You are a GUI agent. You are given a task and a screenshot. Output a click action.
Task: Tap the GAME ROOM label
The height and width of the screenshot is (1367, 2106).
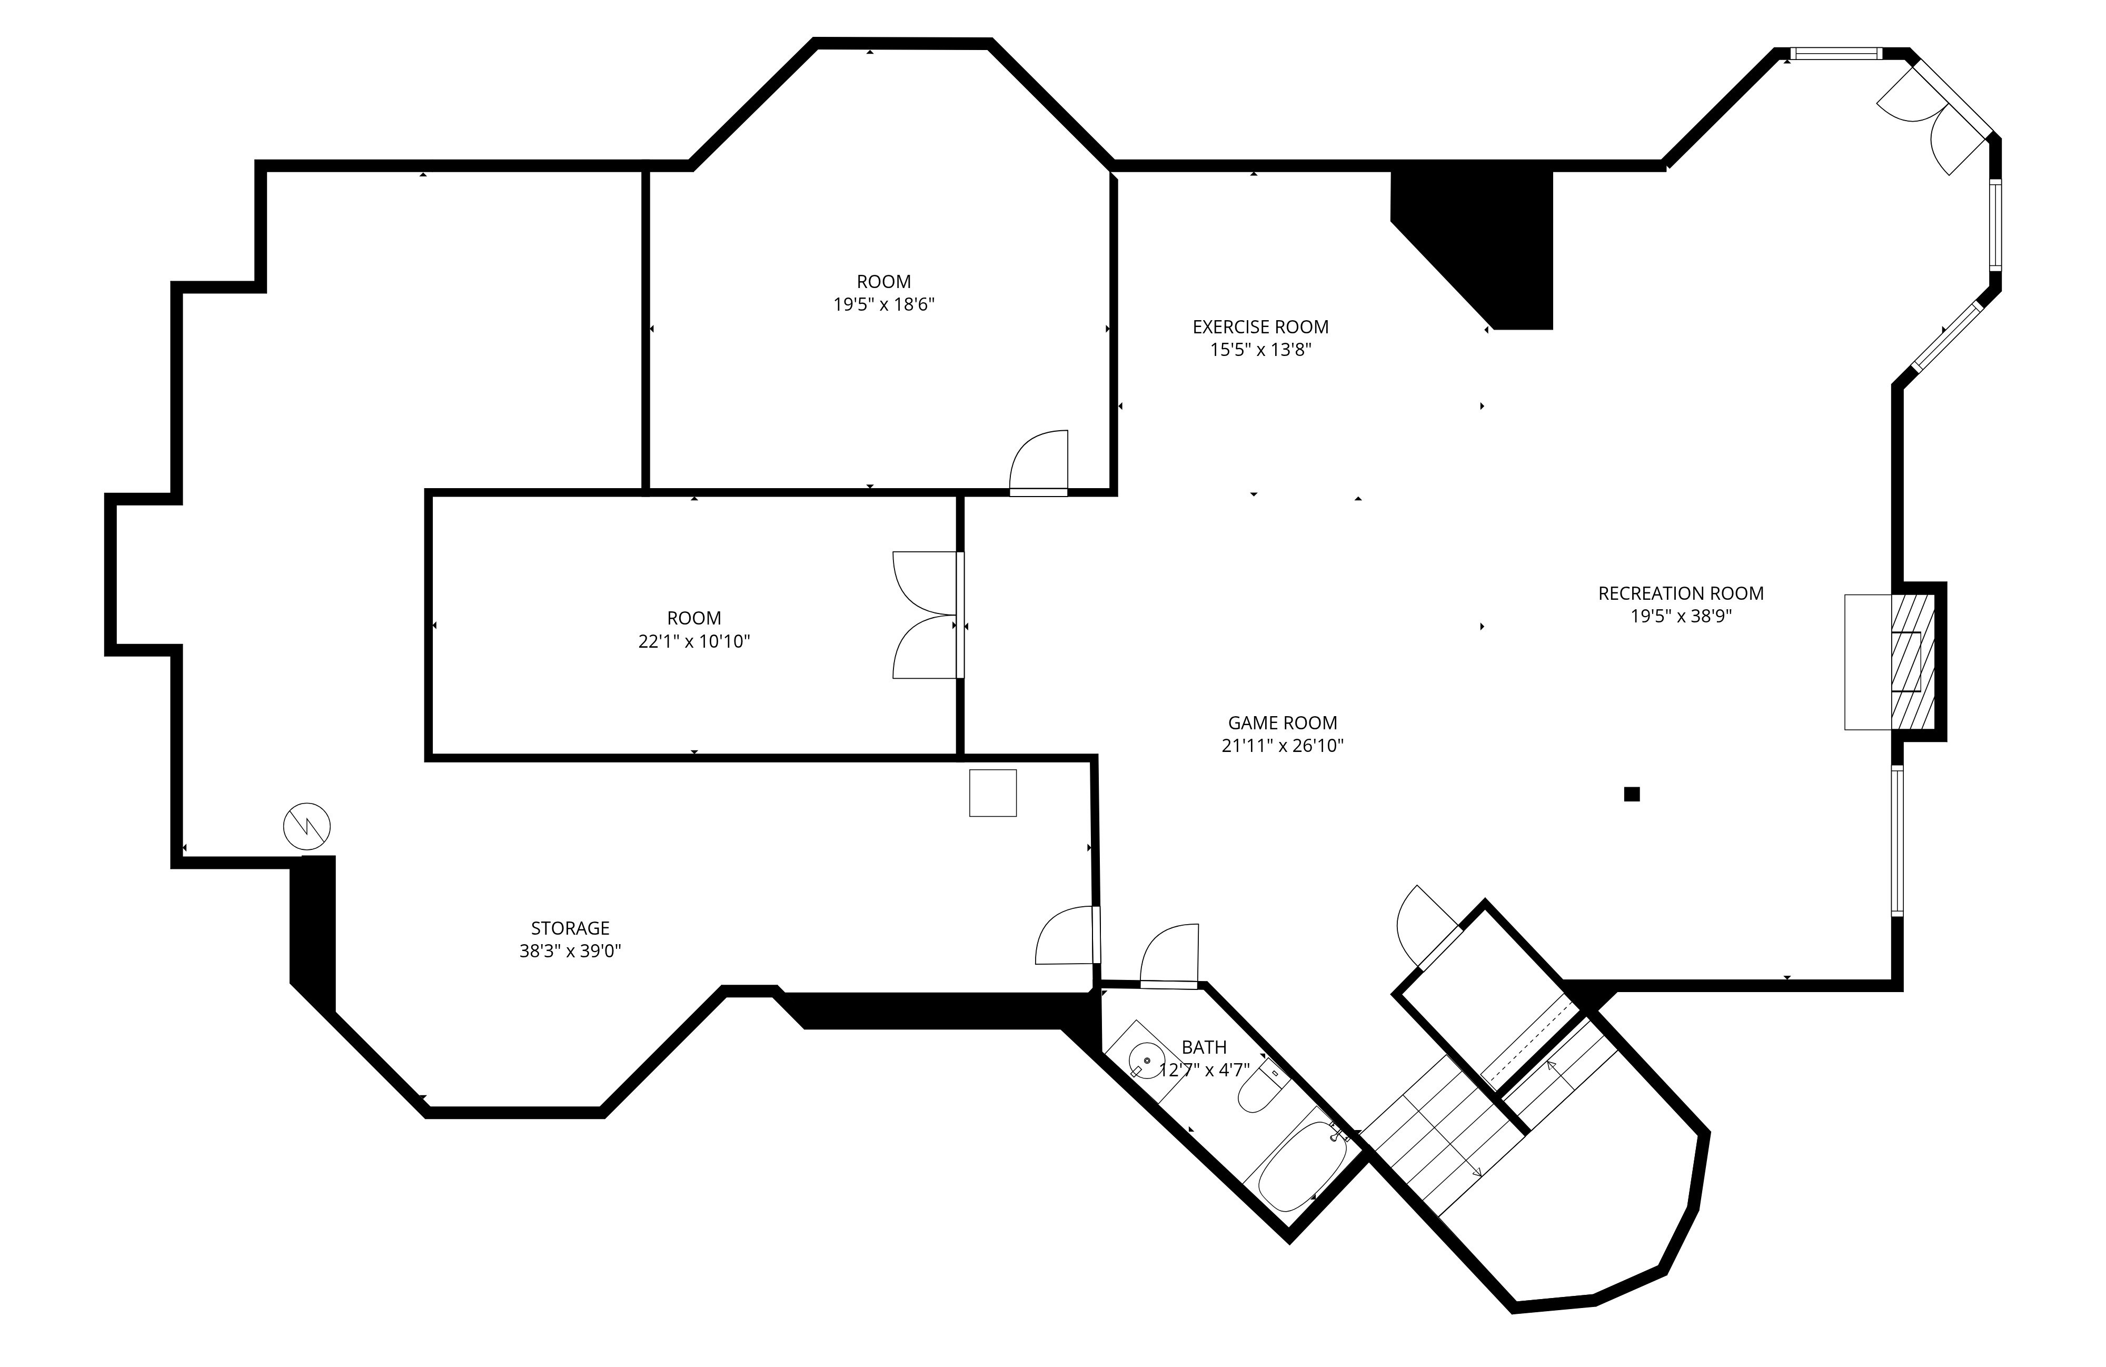[1282, 723]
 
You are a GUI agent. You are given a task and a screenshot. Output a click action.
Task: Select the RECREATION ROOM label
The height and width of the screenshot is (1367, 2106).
[1681, 593]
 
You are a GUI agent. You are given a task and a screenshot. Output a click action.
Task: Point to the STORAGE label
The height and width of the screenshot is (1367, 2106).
[570, 928]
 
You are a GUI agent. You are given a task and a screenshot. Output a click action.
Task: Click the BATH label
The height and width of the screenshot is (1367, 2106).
[1204, 1047]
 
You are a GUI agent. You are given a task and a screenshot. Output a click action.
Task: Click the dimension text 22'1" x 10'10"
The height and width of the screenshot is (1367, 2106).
[694, 641]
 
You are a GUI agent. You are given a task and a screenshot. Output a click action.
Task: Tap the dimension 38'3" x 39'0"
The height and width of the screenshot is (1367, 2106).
[570, 951]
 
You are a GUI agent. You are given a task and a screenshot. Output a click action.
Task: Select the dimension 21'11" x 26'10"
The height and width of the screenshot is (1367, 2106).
[1282, 746]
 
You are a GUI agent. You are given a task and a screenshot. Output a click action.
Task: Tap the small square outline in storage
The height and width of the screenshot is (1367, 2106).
[993, 793]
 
